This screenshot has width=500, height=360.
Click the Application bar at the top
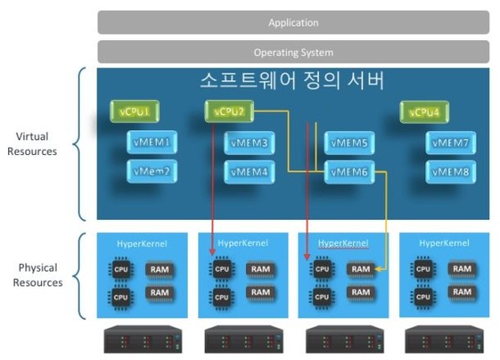[292, 22]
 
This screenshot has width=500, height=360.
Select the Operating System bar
[292, 52]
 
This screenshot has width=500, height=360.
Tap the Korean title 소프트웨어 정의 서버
[292, 82]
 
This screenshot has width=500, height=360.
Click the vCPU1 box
[135, 112]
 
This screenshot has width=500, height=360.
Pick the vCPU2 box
[228, 112]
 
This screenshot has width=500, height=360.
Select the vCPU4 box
[424, 112]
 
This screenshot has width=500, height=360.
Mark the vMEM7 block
[451, 142]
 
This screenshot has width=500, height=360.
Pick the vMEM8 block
[451, 172]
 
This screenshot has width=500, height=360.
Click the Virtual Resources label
[37, 143]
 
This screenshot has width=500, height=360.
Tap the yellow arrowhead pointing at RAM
[377, 269]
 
